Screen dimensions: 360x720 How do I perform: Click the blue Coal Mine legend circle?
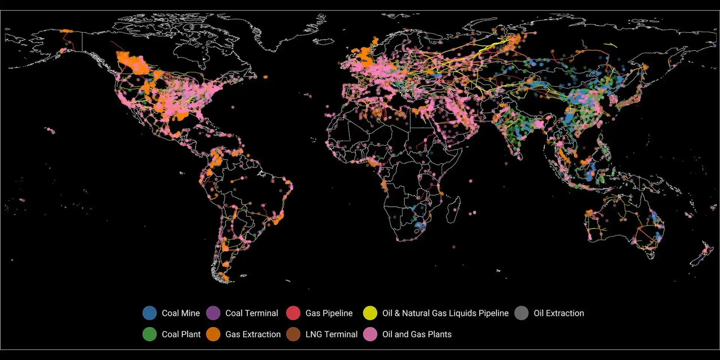tap(150, 313)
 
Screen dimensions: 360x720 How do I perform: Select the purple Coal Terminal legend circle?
tap(213, 313)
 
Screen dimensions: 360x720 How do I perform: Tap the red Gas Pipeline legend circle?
tap(293, 313)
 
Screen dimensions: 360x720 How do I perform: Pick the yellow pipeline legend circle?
tap(370, 313)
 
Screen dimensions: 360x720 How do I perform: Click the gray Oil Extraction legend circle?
tap(521, 313)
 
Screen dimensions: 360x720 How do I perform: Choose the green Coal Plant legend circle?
tap(150, 334)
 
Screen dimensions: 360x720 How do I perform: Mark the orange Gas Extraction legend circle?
tap(213, 334)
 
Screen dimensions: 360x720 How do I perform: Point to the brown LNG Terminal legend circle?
tap(293, 334)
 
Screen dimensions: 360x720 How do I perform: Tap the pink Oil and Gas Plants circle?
tap(370, 334)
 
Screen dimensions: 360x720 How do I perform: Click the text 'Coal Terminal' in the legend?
tap(252, 313)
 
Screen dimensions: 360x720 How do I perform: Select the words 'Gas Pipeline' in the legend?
tap(329, 313)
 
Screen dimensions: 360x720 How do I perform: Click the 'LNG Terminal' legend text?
tap(331, 334)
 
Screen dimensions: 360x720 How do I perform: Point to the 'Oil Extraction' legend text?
tap(559, 313)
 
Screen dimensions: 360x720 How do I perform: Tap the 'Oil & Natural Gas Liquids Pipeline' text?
tap(445, 313)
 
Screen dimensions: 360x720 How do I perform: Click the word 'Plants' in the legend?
tap(439, 334)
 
